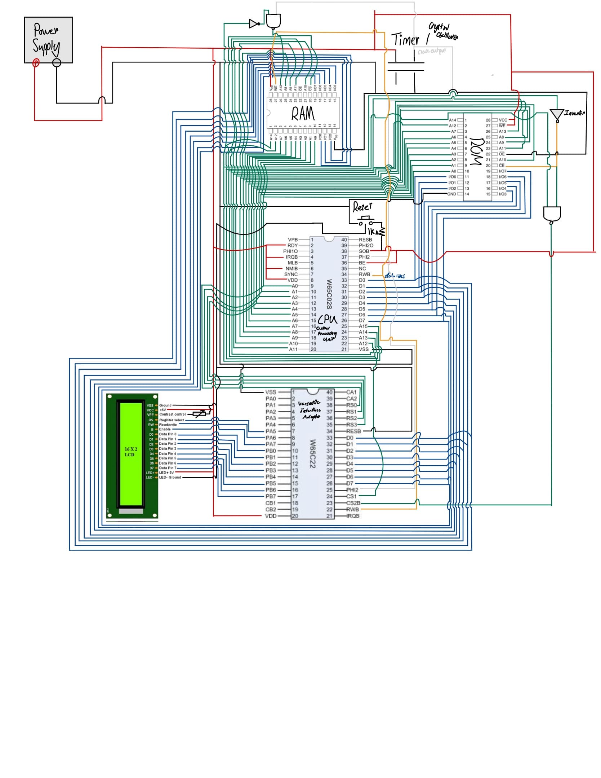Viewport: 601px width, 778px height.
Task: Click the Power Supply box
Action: [48, 40]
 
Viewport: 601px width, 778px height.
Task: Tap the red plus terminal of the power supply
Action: [36, 63]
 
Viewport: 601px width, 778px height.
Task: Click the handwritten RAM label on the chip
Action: [303, 114]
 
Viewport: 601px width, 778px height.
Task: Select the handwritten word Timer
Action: [405, 39]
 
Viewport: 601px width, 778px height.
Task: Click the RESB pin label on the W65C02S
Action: [365, 239]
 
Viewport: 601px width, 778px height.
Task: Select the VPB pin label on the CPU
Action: [293, 239]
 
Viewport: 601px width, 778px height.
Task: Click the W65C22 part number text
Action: [313, 454]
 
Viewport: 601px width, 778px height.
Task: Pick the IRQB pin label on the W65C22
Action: [353, 516]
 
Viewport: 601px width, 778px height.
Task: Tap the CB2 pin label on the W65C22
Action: [271, 509]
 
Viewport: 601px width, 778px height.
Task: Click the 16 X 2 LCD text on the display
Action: [131, 452]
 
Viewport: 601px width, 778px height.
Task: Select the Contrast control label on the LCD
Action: [172, 414]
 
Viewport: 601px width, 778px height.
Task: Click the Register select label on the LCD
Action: [172, 420]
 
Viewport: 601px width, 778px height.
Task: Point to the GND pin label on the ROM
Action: [451, 194]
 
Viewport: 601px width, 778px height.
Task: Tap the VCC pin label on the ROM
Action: [503, 120]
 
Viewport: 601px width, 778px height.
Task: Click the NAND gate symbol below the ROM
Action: [552, 214]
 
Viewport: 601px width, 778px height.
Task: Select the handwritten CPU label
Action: [328, 320]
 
